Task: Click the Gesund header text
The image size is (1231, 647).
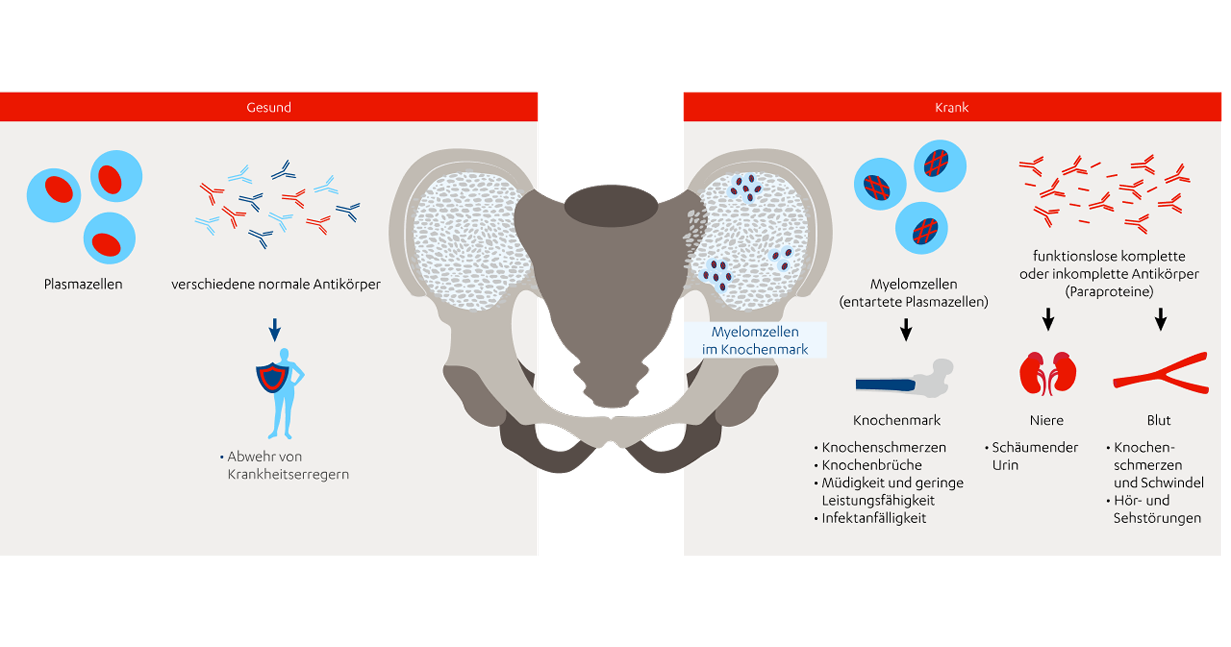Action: tap(269, 108)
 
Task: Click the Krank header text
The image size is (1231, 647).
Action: tap(951, 108)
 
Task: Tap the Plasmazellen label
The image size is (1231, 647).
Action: tap(83, 284)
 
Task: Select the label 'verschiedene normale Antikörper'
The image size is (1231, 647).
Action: tap(276, 284)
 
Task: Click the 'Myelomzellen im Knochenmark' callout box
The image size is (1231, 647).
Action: tap(755, 340)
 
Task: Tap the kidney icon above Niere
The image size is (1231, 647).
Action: tap(1048, 373)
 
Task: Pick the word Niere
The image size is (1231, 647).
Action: tap(1047, 420)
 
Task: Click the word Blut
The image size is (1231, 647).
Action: tap(1159, 420)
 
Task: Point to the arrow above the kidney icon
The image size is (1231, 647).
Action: tap(1048, 319)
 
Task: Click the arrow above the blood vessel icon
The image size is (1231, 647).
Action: tap(1161, 319)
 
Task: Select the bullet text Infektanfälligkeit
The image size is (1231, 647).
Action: tap(874, 518)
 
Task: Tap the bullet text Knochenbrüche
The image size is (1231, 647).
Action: tap(871, 465)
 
